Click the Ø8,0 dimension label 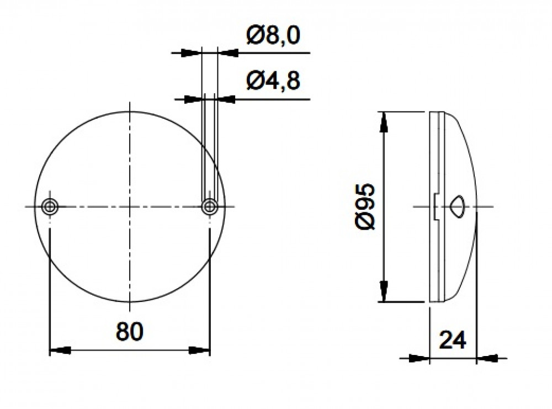click(273, 35)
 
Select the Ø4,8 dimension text click(273, 81)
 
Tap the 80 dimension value click(130, 332)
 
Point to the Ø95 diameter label click(365, 206)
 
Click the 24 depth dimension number click(453, 340)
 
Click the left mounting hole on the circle click(50, 206)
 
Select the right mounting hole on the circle click(210, 206)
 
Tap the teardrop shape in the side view click(458, 206)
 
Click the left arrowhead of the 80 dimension click(60, 350)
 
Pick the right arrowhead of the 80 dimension click(199, 350)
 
